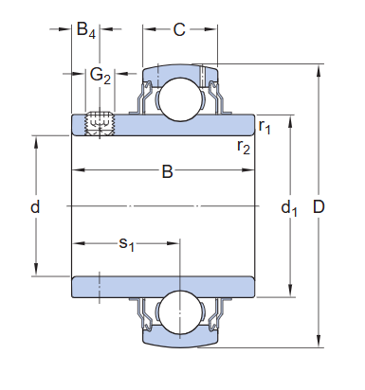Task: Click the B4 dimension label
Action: [x=86, y=30]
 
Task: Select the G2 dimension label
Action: [x=100, y=75]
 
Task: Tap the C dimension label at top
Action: [x=179, y=29]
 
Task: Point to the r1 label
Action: [x=265, y=126]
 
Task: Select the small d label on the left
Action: [x=35, y=206]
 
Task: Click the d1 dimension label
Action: [x=288, y=207]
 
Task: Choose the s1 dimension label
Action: [x=126, y=244]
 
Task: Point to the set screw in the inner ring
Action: [x=99, y=123]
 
